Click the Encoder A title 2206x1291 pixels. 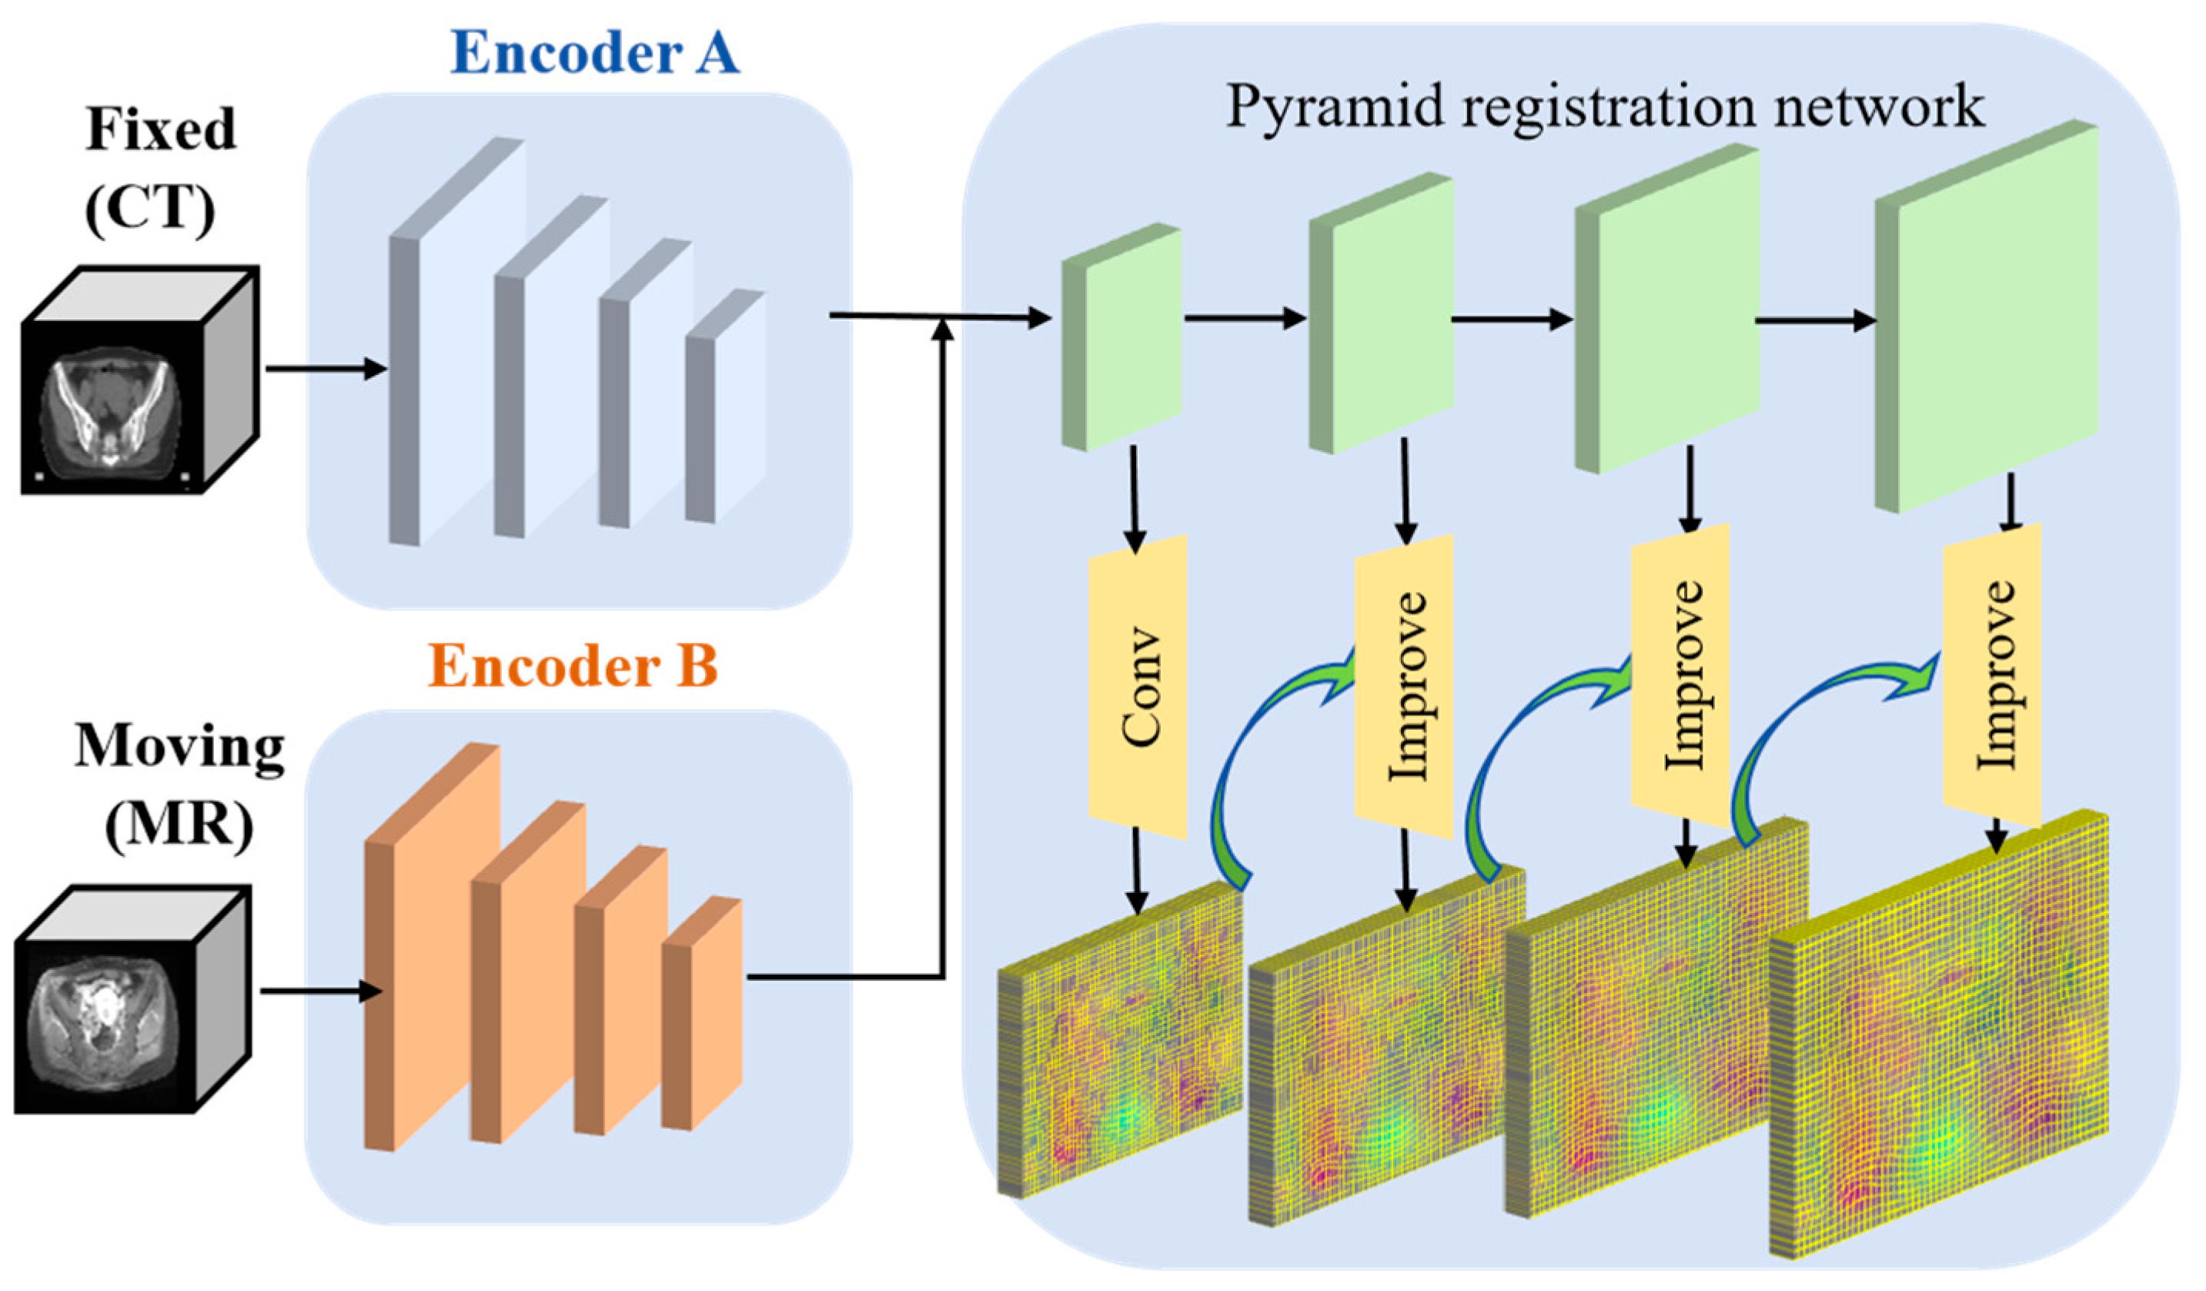click(595, 52)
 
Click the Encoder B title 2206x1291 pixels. click(573, 667)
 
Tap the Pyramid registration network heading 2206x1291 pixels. click(1605, 107)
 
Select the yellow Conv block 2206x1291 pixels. click(1137, 688)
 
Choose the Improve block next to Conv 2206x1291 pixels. click(1404, 688)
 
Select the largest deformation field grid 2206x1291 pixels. click(1939, 1037)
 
